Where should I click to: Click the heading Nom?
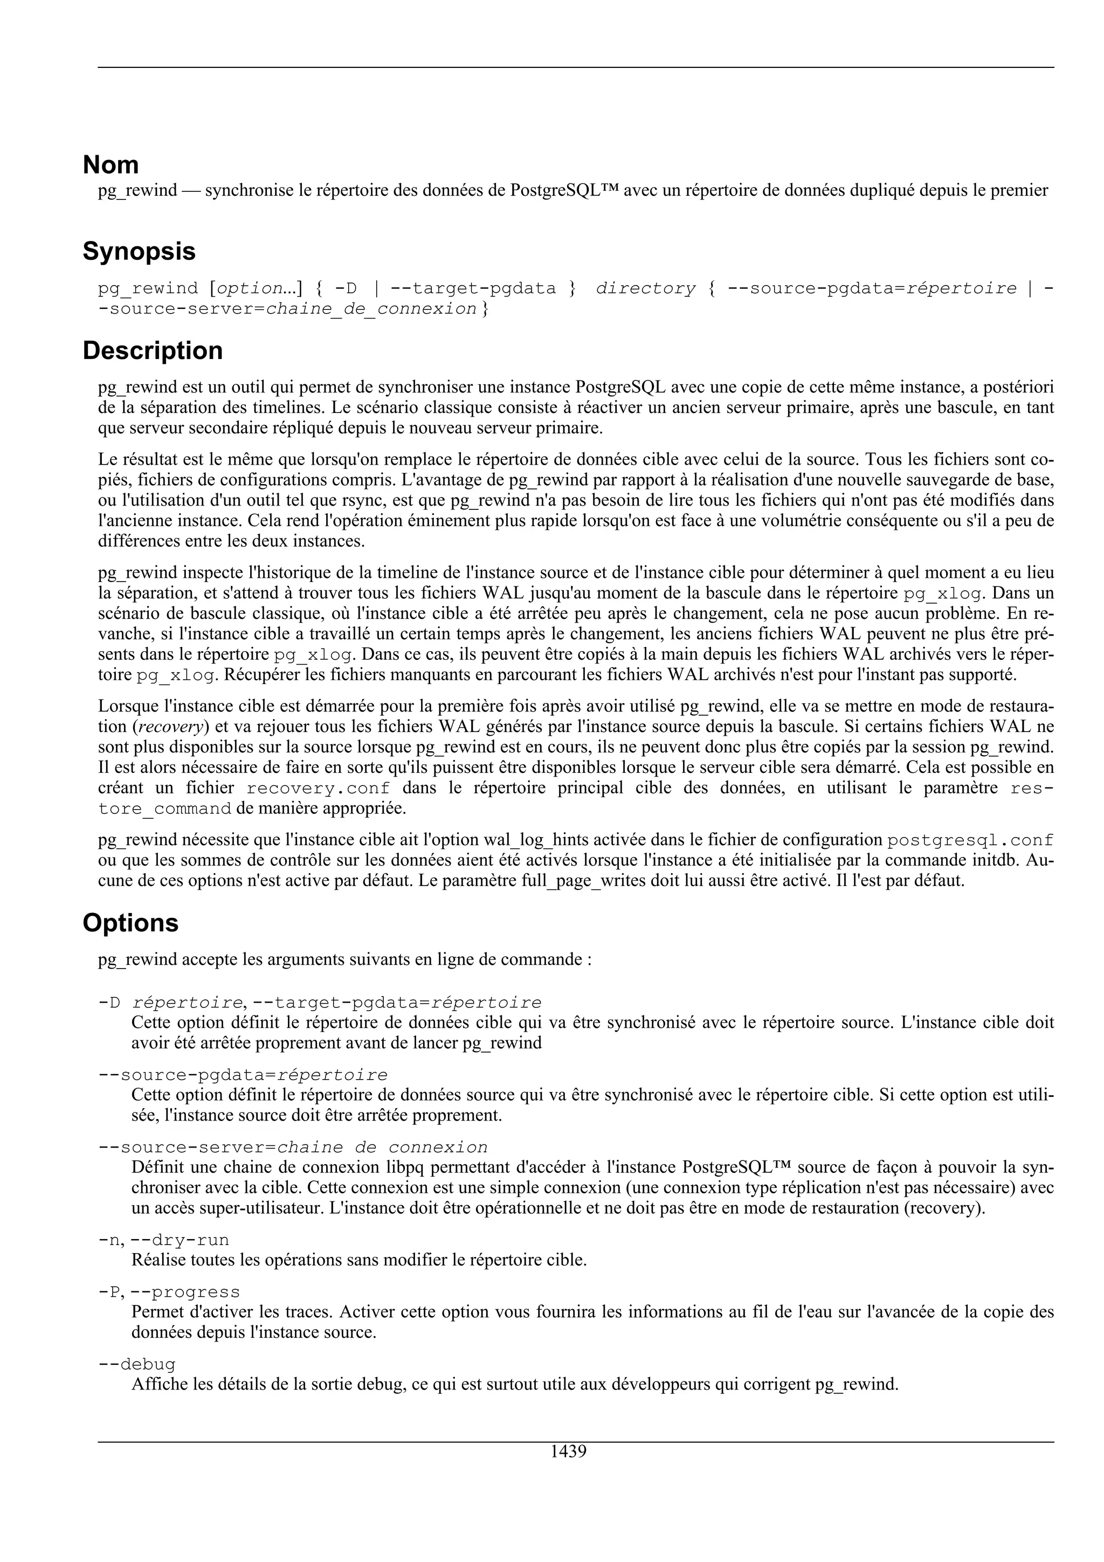click(110, 165)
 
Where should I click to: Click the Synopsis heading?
click(139, 252)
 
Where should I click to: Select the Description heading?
click(153, 351)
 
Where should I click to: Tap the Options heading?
click(130, 923)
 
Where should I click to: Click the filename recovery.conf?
click(319, 789)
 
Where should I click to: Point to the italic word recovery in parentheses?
click(171, 727)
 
